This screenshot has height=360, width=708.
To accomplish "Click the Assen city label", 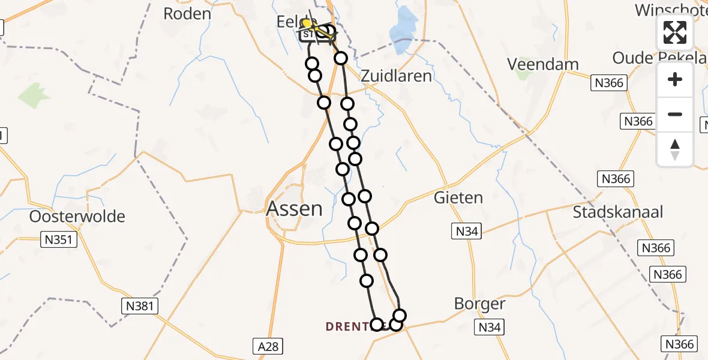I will coord(294,209).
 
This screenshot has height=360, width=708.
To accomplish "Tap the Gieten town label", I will coord(458,197).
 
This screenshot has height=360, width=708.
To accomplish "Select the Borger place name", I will coord(479,304).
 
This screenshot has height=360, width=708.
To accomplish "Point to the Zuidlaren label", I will coord(395,76).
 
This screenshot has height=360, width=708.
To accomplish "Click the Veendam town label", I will coord(542,64).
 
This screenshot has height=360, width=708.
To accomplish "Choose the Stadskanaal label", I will coord(617,212).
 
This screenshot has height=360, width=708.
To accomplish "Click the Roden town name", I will coord(187,14).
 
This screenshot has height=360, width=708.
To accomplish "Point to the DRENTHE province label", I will coord(350,326).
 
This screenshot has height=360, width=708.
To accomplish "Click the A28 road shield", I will coord(267,346).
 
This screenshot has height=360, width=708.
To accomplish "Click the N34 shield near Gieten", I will coord(467,231).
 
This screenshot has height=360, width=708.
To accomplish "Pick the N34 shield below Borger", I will coord(490,327).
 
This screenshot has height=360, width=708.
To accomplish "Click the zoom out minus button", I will coord(675,114).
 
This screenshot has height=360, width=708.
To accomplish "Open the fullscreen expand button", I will coord(675,32).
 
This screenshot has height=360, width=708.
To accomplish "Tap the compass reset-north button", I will coord(675,149).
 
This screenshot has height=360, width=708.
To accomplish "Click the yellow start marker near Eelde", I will coord(306,23).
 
